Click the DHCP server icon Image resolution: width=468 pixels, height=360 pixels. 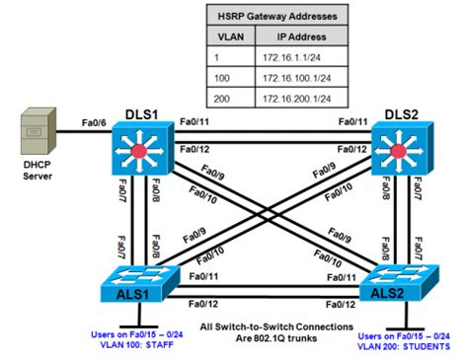tap(39, 131)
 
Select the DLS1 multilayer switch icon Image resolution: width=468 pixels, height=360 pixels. tap(142, 148)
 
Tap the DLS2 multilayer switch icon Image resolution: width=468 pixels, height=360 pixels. tap(402, 148)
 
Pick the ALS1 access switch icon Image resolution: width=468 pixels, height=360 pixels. tap(140, 283)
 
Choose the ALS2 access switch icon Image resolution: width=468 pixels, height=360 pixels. tap(399, 283)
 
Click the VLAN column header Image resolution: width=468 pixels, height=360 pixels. tap(231, 36)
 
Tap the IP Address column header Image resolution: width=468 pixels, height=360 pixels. tap(301, 36)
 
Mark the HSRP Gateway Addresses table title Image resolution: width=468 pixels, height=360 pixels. tap(277, 16)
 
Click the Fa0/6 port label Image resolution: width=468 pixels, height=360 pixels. tap(94, 123)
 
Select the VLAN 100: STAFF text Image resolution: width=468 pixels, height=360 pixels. tap(137, 345)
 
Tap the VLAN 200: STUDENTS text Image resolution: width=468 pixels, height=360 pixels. tap(404, 346)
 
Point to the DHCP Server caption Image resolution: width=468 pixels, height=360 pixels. tap(38, 171)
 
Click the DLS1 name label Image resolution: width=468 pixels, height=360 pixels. tap(142, 114)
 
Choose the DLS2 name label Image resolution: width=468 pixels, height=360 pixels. tap(402, 114)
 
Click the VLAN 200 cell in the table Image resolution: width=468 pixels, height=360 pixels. tap(222, 99)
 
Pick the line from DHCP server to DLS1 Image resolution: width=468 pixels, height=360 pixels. tap(84, 132)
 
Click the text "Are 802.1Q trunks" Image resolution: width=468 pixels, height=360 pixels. tap(276, 338)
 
